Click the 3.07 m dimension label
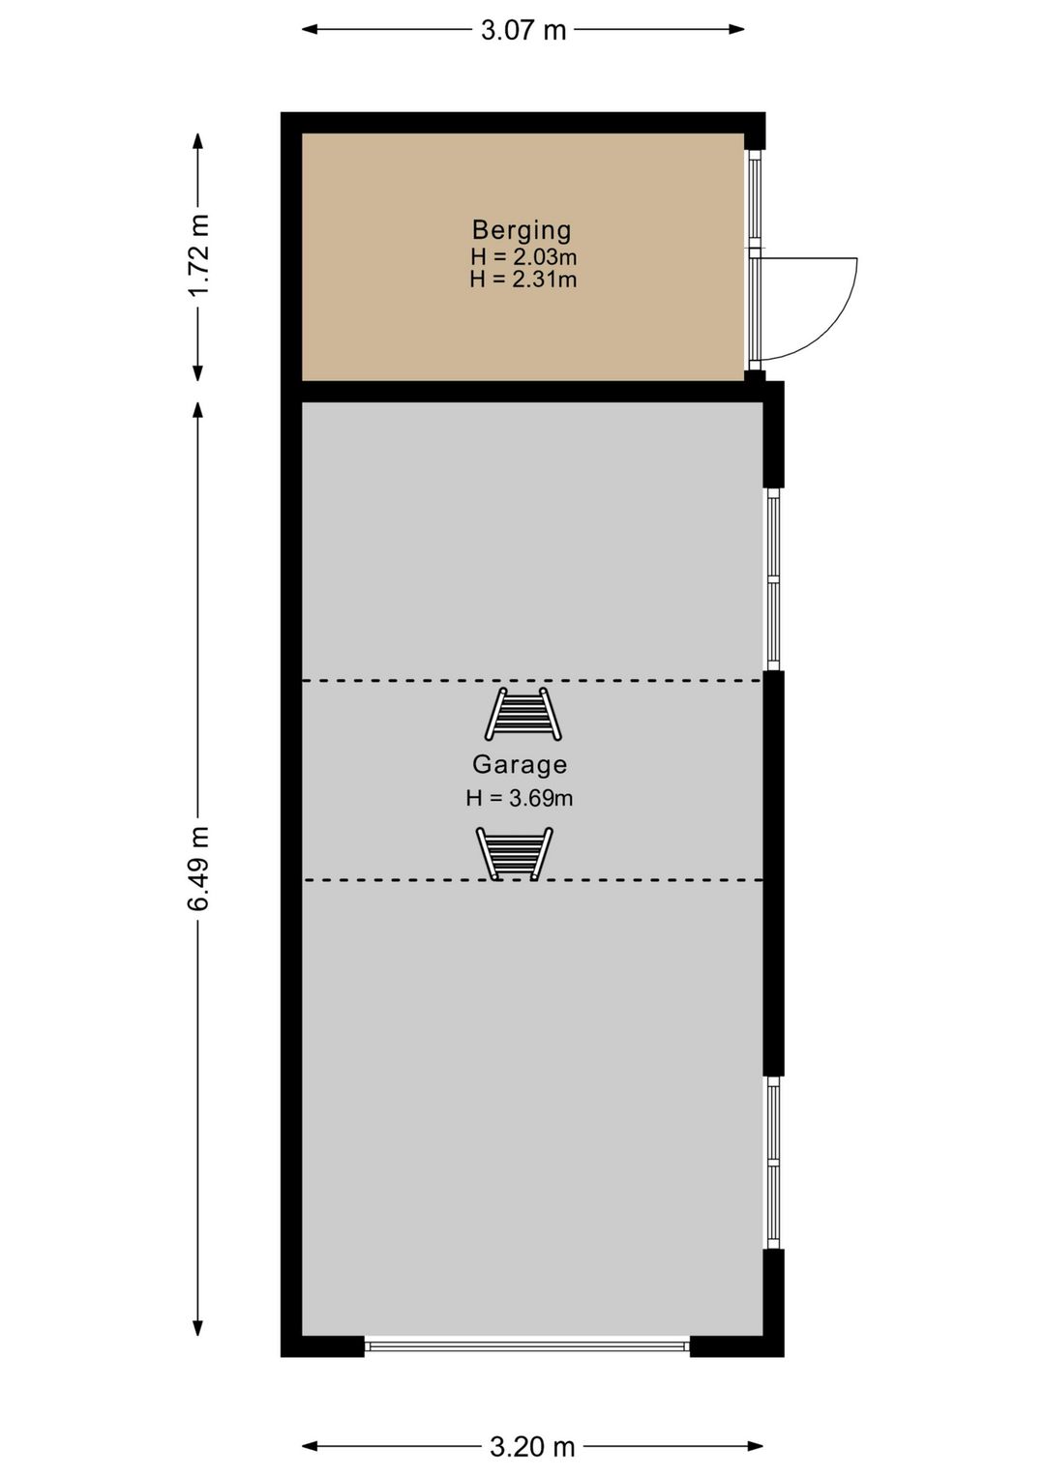pos(522,30)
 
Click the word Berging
pos(522,230)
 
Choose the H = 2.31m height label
pos(522,280)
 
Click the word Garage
pos(520,764)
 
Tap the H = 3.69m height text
pos(520,798)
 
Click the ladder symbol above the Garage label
pos(522,714)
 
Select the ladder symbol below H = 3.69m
pos(514,854)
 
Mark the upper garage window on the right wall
pos(773,580)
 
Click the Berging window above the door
pos(755,199)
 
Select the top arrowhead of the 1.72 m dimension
pos(197,141)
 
